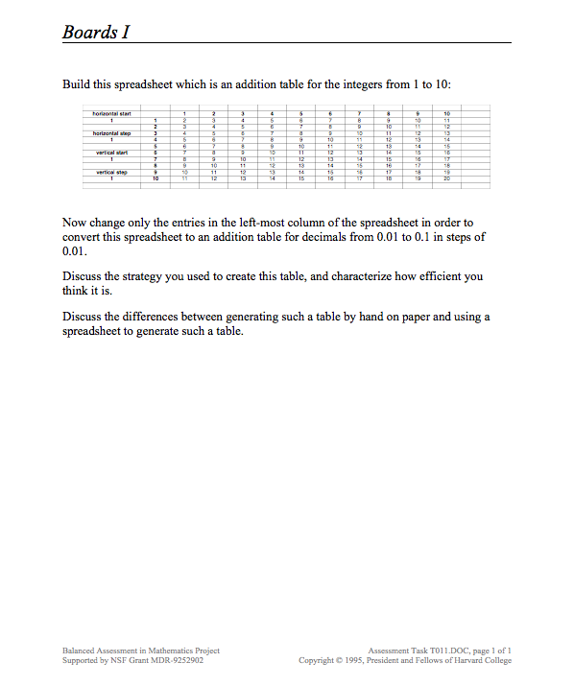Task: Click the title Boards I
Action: click(95, 32)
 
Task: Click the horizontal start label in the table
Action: click(112, 113)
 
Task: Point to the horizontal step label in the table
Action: click(112, 133)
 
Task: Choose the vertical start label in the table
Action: click(112, 153)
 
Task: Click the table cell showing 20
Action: click(446, 178)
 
